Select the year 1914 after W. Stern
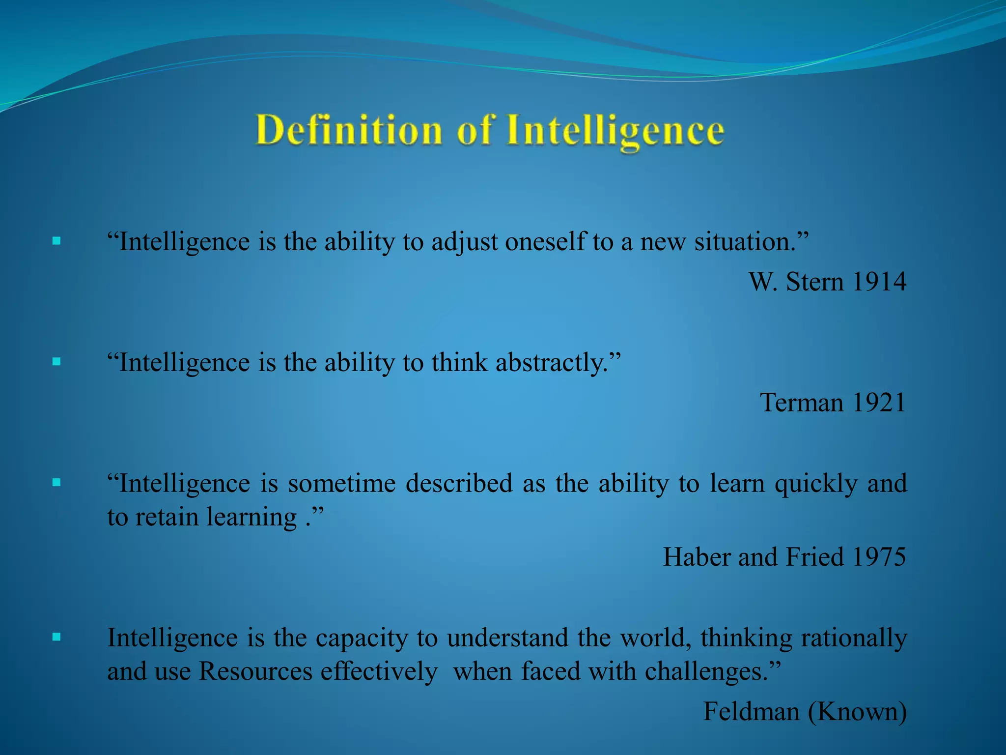[879, 282]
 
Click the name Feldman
[751, 711]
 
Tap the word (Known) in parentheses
[857, 711]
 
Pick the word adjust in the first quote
[465, 242]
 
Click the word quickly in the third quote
[816, 484]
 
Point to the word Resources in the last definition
[255, 671]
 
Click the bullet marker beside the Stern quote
[56, 241]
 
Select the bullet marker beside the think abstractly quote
[56, 362]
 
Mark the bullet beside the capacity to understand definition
[56, 637]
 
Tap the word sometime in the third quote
[342, 484]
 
